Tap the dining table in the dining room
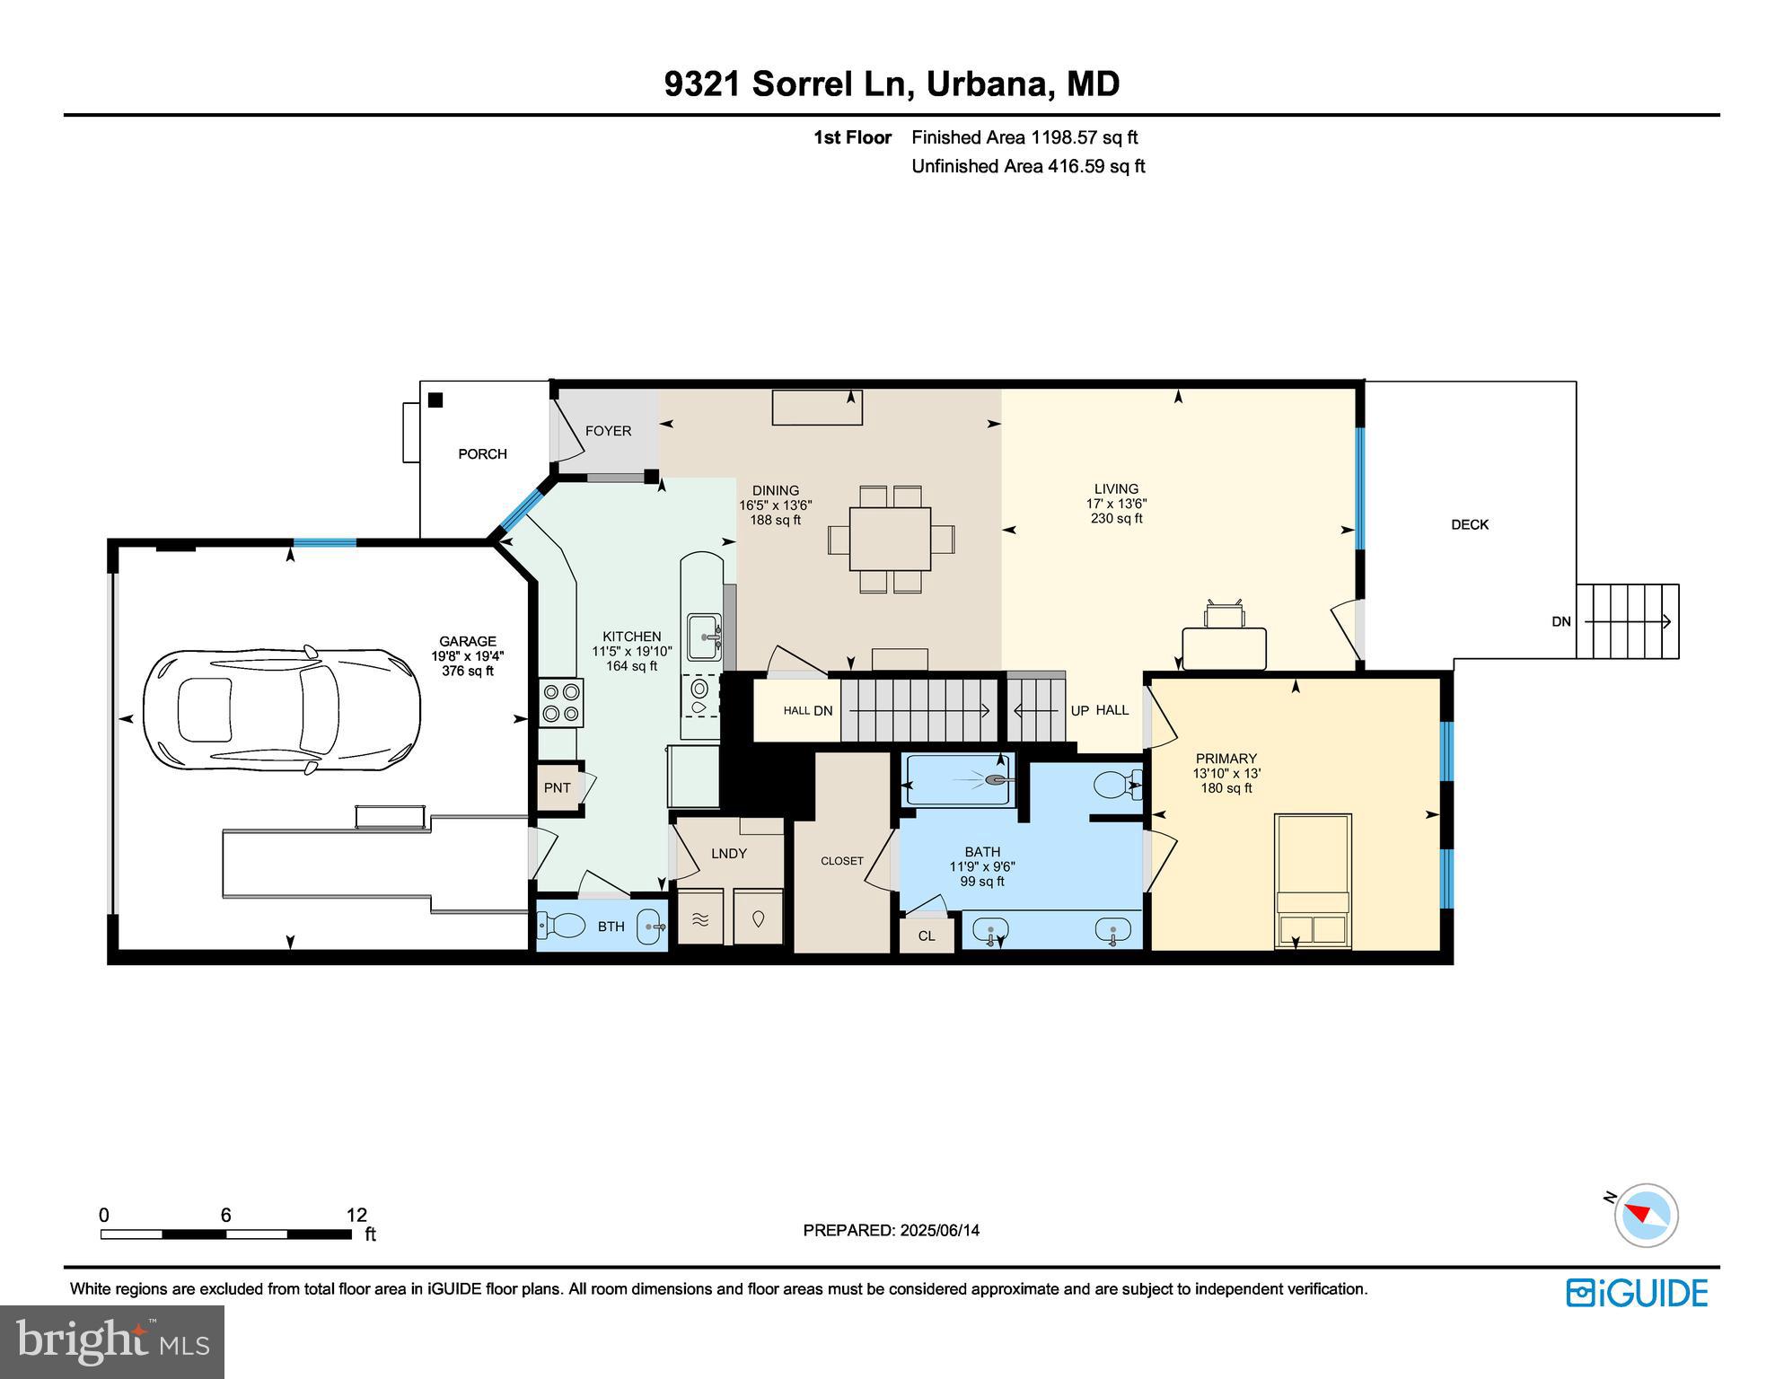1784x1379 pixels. (x=890, y=539)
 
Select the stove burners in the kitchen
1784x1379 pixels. (x=560, y=702)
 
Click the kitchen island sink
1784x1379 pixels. (x=704, y=637)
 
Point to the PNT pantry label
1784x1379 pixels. (x=557, y=788)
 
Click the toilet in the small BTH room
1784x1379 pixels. (x=561, y=923)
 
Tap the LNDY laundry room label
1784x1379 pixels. (x=728, y=854)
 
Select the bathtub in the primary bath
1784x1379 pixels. (x=959, y=780)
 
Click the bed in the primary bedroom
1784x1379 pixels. (x=1313, y=880)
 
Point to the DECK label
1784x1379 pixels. (x=1469, y=524)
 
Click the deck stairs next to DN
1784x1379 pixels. (x=1627, y=621)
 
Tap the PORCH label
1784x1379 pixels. (x=482, y=454)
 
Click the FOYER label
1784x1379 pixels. (x=608, y=431)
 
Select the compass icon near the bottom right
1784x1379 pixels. (x=1645, y=1215)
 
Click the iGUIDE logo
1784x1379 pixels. (x=1636, y=1293)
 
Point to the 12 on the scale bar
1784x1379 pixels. (x=356, y=1216)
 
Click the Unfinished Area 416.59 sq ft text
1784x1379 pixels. (x=1027, y=166)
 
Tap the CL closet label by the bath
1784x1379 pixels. (x=926, y=935)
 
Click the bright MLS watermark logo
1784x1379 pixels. (x=111, y=1341)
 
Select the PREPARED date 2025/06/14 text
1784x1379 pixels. (x=891, y=1231)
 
